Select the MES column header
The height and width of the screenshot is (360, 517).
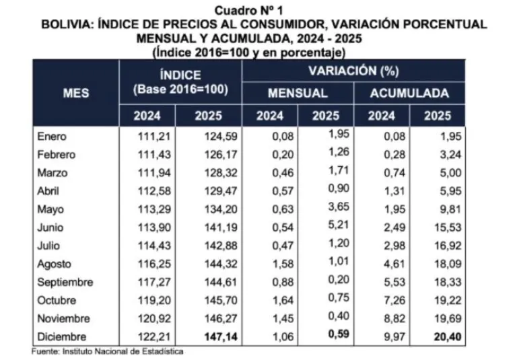(x=76, y=94)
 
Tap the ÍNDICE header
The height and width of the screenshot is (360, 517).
(x=180, y=76)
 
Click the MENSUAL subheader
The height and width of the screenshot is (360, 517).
(x=298, y=94)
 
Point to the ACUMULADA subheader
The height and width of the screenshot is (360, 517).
(x=409, y=94)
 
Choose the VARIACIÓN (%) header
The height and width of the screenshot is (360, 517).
(x=353, y=71)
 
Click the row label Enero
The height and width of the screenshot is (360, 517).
(x=52, y=137)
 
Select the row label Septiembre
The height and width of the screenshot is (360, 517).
(x=65, y=283)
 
